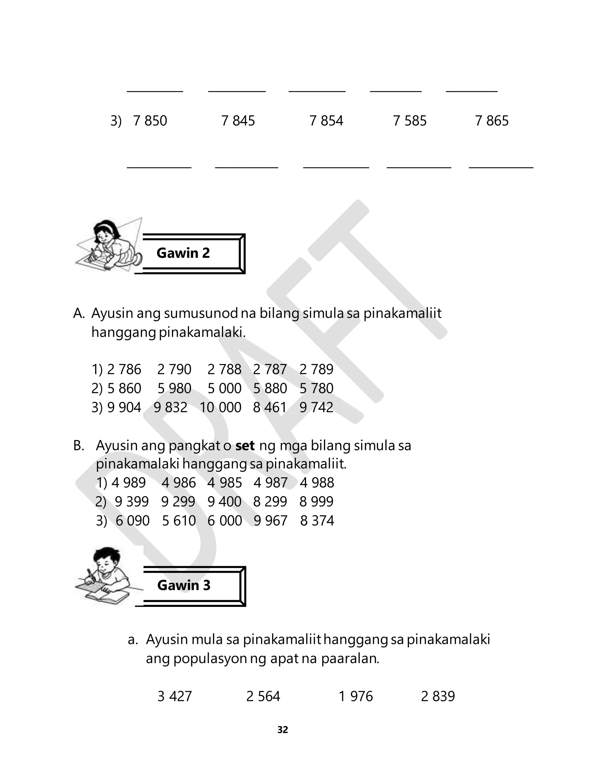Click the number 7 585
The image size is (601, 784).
pyautogui.click(x=410, y=121)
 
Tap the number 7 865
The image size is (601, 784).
pyautogui.click(x=492, y=121)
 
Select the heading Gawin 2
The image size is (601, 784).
pyautogui.click(x=183, y=253)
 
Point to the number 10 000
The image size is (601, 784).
pyautogui.click(x=220, y=407)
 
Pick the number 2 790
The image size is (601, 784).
pyautogui.click(x=174, y=370)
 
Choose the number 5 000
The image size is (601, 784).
pyautogui.click(x=225, y=388)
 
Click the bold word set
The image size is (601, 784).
pyautogui.click(x=245, y=446)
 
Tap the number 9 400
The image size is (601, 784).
pyautogui.click(x=225, y=501)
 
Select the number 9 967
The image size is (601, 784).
pyautogui.click(x=271, y=521)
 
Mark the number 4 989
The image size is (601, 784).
pyautogui.click(x=129, y=483)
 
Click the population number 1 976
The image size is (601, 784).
pyautogui.click(x=356, y=696)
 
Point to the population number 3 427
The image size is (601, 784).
pyautogui.click(x=175, y=696)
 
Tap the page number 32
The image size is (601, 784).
pyautogui.click(x=283, y=730)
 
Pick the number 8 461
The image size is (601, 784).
pyautogui.click(x=270, y=407)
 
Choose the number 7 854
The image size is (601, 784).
pyautogui.click(x=326, y=121)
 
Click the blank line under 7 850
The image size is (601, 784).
pyautogui.click(x=159, y=167)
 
